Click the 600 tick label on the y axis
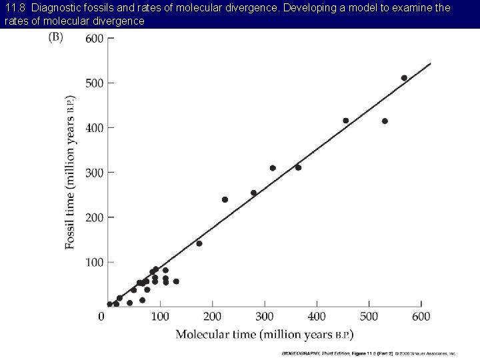tap(94, 39)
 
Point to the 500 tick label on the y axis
tap(94, 83)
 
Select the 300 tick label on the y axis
tap(94, 173)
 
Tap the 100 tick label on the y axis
tap(94, 263)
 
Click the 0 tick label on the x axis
tap(101, 315)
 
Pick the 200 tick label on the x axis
tap(212, 315)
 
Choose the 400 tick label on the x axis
tap(317, 315)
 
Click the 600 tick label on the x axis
tap(421, 315)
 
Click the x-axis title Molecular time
tap(265, 333)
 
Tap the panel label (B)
tap(56, 37)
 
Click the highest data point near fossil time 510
tap(404, 78)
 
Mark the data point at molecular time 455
tap(345, 121)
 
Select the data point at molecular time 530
tap(385, 121)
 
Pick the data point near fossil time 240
tap(225, 199)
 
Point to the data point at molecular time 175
tap(199, 243)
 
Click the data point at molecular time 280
tap(253, 193)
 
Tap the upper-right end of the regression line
tap(430, 64)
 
